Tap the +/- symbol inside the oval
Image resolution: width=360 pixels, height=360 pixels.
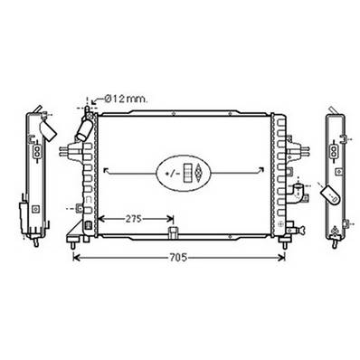point(171,172)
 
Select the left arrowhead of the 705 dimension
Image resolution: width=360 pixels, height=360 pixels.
point(75,258)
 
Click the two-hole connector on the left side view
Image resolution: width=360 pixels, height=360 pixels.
point(35,154)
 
